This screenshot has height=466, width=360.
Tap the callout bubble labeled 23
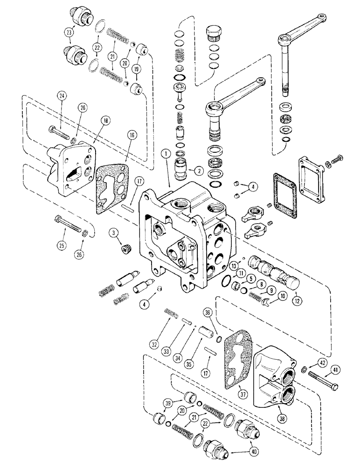pyautogui.click(x=69, y=33)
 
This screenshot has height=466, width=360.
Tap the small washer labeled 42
pyautogui.click(x=304, y=370)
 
